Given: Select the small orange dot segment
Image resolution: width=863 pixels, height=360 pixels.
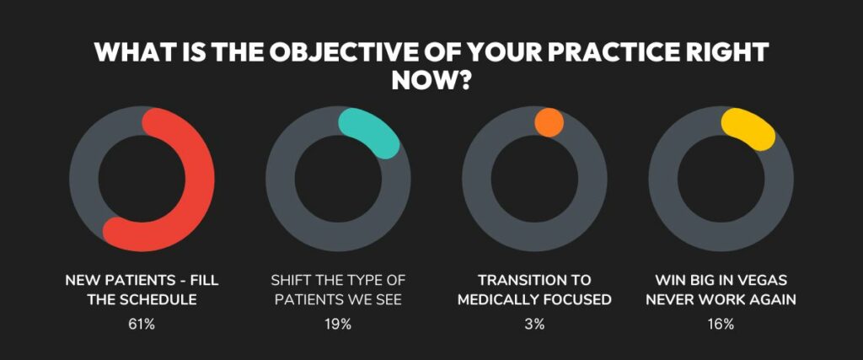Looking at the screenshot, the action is [x=549, y=122].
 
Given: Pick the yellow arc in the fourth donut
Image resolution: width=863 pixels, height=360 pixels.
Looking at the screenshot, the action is [x=751, y=127].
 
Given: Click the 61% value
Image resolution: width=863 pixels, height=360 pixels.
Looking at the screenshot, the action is [x=142, y=325].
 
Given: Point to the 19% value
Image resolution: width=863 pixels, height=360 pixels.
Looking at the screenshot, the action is [x=338, y=325].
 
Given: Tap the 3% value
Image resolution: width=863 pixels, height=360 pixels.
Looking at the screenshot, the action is [x=534, y=325].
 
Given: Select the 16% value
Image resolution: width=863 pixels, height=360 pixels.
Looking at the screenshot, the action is [x=721, y=325].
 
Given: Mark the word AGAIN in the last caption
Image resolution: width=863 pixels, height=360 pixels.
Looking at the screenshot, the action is [x=775, y=300].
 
